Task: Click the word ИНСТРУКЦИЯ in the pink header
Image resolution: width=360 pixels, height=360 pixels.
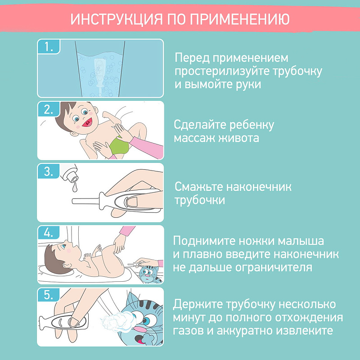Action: coord(117,19)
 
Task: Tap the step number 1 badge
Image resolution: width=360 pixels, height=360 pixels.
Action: coord(49,47)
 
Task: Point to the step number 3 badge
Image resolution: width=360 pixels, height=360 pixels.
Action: coord(49,171)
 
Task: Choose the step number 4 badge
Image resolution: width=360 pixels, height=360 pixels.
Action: coord(49,233)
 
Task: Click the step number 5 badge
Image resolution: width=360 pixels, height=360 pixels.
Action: coord(49,295)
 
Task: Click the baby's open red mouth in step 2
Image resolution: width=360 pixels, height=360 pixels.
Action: coord(87,122)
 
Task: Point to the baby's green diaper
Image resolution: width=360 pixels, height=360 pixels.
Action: coord(119,146)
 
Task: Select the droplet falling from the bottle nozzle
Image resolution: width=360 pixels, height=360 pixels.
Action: coord(74,188)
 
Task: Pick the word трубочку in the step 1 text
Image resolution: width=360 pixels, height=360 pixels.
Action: coord(297,72)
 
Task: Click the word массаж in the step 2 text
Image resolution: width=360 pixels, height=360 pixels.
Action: coord(194,138)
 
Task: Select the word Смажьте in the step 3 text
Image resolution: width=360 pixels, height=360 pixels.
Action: coord(199,187)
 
